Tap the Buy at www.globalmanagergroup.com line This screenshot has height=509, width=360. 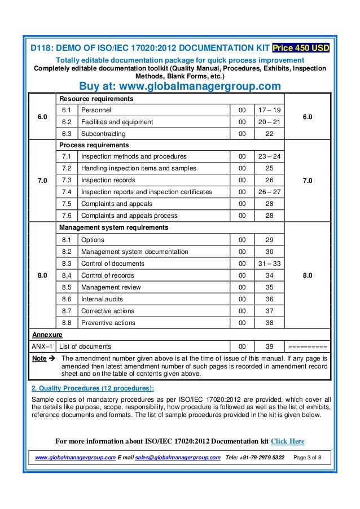(179, 86)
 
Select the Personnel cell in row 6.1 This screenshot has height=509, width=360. (96, 110)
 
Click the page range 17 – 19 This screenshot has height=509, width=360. (269, 110)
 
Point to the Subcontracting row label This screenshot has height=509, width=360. (103, 134)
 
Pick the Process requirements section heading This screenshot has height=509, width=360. (94, 145)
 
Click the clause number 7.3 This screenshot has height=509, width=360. (66, 181)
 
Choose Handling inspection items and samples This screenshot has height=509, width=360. (139, 169)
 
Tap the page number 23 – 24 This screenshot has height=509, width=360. (269, 157)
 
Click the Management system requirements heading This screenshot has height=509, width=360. (113, 228)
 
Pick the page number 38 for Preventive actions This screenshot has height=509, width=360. (269, 323)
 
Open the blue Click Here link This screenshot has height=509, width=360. (288, 441)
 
